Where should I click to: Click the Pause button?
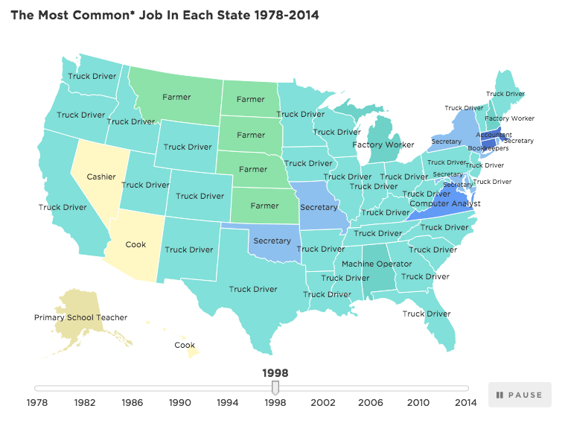520,395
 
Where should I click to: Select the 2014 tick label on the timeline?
466,403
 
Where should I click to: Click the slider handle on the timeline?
275,387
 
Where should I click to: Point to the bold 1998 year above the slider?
275,373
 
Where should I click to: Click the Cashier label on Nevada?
100,177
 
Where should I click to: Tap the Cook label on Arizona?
136,244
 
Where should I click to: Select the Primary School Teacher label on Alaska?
80,317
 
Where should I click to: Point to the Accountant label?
489,135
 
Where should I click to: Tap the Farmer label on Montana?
177,98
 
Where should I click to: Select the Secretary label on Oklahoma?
272,241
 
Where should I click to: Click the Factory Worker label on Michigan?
383,144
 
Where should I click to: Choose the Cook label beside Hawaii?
185,345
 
